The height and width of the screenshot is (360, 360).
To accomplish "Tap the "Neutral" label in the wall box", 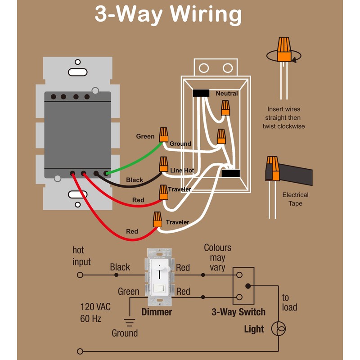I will click(227, 94).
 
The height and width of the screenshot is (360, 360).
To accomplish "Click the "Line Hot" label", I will click(182, 171).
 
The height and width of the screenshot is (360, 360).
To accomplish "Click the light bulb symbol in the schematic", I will click(278, 329).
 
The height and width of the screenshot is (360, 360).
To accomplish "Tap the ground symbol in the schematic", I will click(130, 322).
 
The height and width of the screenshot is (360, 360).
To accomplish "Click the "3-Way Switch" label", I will click(238, 312).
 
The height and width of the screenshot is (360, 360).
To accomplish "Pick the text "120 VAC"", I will click(95, 307).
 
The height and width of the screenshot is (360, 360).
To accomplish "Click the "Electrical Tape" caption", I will click(295, 199).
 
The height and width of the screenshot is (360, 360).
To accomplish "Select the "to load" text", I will click(289, 302).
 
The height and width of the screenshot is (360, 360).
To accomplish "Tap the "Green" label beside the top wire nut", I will click(145, 136).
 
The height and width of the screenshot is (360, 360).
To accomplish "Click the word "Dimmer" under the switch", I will click(157, 312).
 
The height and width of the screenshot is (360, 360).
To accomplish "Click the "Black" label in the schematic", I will click(120, 267).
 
